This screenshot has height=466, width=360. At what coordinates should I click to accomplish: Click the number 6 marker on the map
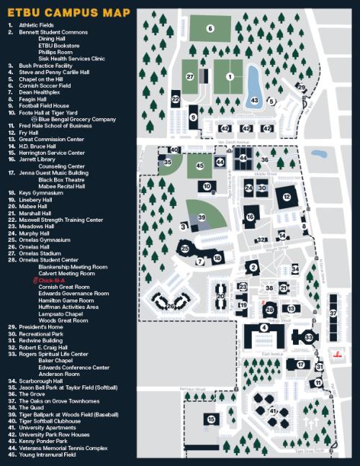[x=210, y=29]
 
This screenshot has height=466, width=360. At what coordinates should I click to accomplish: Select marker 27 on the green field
[x=190, y=76]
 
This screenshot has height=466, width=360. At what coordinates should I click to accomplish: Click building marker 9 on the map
[x=193, y=116]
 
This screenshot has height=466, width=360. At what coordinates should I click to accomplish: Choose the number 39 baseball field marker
[x=202, y=217]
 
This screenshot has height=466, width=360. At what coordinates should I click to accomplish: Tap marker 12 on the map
[x=287, y=197]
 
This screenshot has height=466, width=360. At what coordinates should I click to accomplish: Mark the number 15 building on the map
[x=211, y=418]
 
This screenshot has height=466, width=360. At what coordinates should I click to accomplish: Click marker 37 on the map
[x=333, y=314]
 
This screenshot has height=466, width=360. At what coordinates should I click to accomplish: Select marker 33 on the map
[x=308, y=336]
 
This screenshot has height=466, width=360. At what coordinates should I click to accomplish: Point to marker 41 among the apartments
[x=273, y=411]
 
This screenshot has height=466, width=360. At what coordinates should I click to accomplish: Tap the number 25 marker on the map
[x=185, y=248]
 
